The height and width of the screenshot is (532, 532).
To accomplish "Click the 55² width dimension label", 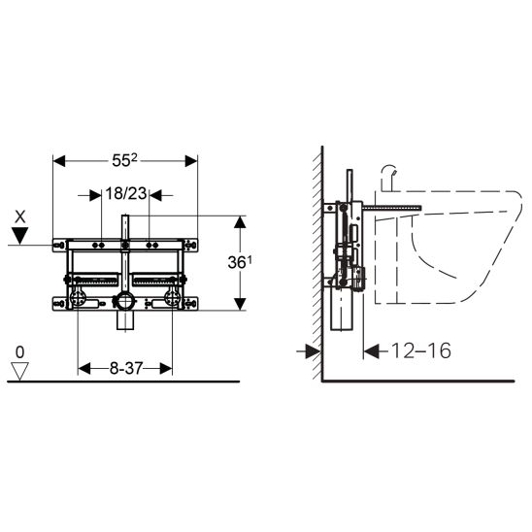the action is click(124, 160).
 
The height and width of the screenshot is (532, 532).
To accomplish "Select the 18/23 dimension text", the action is click(126, 194).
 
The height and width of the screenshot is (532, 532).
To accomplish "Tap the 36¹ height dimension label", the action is click(240, 262).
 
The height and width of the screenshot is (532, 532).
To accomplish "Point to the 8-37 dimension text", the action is click(126, 368).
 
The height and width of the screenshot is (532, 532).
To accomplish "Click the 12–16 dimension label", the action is click(421, 350).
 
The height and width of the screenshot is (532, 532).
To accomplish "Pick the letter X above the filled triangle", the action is click(20, 216).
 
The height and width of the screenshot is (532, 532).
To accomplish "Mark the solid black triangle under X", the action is click(20, 236).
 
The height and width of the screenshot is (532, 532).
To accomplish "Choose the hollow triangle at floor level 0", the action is click(19, 372).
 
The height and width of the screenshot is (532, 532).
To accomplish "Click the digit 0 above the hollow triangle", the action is click(20, 352).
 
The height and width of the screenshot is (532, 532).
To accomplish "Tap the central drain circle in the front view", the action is click(124, 301).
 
